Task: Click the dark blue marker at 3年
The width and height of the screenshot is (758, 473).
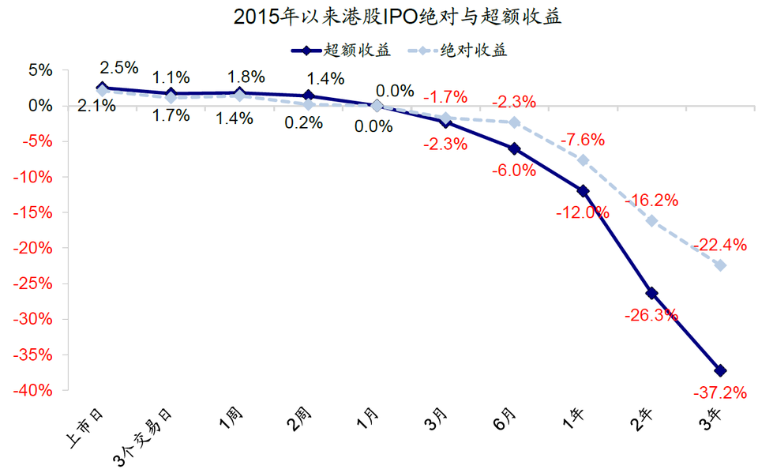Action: click(x=721, y=370)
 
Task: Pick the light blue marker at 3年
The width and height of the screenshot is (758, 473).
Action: click(x=721, y=265)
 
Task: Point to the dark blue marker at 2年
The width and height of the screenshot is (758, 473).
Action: click(x=652, y=293)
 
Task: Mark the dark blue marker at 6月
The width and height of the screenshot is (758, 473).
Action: click(x=515, y=148)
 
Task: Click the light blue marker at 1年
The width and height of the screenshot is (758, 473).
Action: click(x=584, y=160)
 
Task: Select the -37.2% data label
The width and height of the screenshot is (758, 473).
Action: click(x=719, y=392)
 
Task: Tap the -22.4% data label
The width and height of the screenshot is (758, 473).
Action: click(x=719, y=246)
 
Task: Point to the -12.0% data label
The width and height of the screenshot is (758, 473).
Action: click(x=582, y=212)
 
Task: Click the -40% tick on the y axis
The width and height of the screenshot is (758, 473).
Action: click(x=36, y=391)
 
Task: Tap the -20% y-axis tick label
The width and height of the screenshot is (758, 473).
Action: click(x=36, y=248)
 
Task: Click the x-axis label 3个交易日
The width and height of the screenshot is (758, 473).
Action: click(x=150, y=433)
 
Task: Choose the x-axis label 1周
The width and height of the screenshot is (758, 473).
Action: click(x=232, y=419)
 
